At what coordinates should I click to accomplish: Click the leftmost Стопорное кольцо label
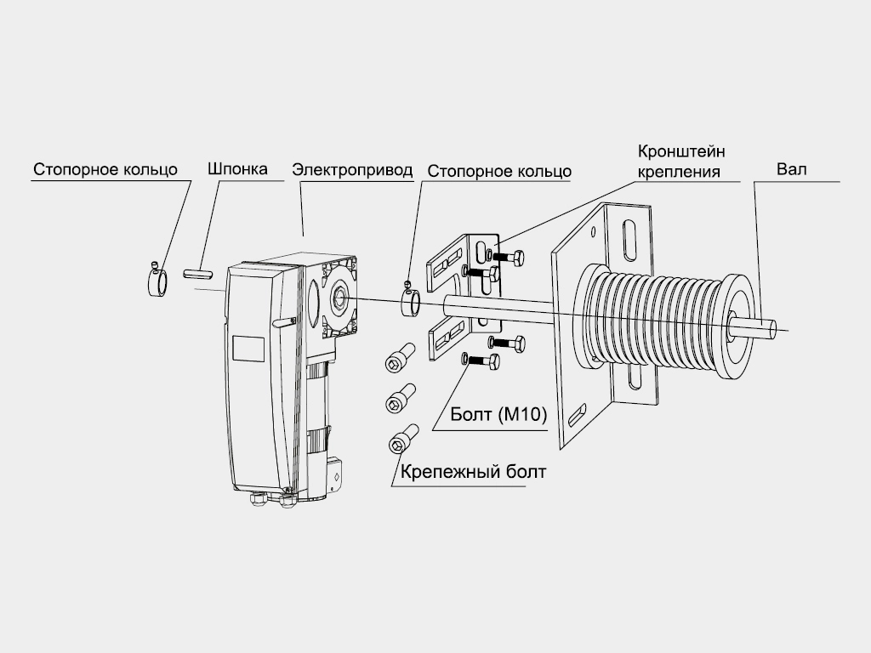pyautogui.click(x=105, y=169)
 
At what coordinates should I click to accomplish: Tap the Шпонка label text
pyautogui.click(x=237, y=168)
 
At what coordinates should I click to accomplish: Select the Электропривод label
pyautogui.click(x=352, y=169)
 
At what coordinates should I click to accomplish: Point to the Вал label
pyautogui.click(x=791, y=168)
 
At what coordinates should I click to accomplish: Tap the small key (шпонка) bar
pyautogui.click(x=196, y=274)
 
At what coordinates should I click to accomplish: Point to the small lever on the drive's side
pyautogui.click(x=284, y=322)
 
